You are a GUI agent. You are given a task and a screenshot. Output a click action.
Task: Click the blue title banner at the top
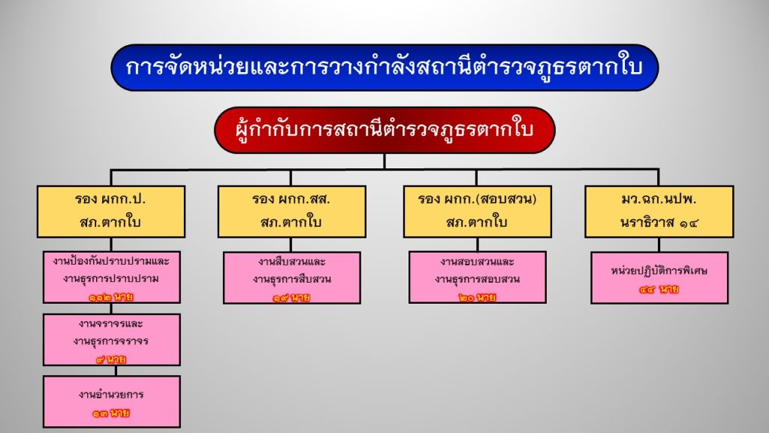tap(384, 67)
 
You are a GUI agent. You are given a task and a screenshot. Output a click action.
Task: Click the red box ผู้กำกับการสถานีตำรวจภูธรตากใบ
tap(384, 130)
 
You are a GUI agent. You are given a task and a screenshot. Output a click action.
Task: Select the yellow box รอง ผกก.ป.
tap(111, 211)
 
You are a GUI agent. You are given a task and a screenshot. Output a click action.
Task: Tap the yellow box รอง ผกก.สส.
tap(292, 211)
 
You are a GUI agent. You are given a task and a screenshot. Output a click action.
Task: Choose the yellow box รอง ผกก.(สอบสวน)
tap(477, 211)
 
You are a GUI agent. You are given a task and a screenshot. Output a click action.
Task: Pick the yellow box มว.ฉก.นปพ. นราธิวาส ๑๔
tap(659, 211)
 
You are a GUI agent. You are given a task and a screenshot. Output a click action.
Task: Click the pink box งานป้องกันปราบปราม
tap(111, 277)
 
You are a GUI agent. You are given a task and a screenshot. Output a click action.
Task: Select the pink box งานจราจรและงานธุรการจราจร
tap(111, 340)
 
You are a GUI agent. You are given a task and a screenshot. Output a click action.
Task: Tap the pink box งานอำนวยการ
tap(111, 401)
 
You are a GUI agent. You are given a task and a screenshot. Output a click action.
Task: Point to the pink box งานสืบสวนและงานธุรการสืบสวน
tap(292, 278)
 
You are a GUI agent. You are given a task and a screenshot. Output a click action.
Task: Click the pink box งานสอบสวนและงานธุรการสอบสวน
tap(477, 277)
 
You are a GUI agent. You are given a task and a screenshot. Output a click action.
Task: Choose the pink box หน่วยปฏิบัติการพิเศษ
tap(659, 278)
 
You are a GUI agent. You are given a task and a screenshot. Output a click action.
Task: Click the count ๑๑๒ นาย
tap(111, 297)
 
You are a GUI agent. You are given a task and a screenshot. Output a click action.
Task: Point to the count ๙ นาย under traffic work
tap(111, 359)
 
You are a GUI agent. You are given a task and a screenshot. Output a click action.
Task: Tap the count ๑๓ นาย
tap(111, 413)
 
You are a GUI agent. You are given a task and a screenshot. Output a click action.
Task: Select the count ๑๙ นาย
tap(291, 298)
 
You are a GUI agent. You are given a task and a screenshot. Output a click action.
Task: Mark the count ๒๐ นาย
tap(477, 298)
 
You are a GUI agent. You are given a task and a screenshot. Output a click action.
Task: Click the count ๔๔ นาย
tap(659, 289)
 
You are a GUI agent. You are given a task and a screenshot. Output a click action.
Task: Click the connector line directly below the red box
tap(384, 162)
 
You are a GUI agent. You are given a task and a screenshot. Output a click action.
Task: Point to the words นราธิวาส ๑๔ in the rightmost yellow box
tap(659, 223)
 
